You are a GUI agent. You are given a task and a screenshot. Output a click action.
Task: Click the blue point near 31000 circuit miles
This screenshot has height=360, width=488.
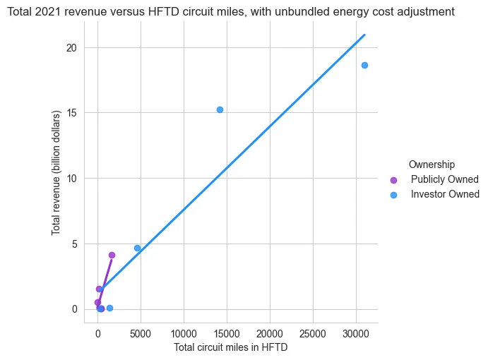coord(364,66)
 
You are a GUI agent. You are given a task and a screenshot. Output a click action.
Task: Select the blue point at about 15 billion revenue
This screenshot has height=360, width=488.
coord(220,110)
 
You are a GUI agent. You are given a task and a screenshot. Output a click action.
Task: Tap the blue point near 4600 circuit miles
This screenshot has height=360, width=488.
coord(137,248)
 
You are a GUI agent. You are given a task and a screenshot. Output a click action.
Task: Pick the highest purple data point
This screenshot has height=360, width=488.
coord(112,255)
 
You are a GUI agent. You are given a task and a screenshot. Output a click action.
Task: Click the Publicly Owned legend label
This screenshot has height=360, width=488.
coord(444,179)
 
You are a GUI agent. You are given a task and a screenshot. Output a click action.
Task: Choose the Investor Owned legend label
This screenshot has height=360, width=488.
coord(445,194)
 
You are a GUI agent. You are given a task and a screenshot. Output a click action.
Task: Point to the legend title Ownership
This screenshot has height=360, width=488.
coord(432,164)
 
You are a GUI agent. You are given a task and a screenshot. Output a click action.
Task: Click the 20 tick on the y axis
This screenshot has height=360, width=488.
coord(71,48)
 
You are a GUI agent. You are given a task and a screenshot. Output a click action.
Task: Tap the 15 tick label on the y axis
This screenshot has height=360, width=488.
coord(71,113)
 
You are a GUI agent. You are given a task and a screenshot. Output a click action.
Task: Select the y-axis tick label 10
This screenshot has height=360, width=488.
coord(71,179)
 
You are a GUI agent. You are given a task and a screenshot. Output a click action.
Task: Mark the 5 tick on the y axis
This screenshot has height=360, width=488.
coord(74,244)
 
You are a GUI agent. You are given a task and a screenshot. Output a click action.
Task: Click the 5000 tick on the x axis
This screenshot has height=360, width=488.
coord(141,334)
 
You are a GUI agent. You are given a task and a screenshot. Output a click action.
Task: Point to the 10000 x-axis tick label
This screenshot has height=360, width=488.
coord(184,334)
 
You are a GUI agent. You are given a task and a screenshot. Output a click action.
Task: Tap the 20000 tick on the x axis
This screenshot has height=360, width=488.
coord(270,334)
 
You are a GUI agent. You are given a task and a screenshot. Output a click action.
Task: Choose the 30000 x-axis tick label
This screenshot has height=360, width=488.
coord(356,334)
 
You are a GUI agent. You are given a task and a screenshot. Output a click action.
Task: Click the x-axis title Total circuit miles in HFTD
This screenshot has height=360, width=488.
coord(231,347)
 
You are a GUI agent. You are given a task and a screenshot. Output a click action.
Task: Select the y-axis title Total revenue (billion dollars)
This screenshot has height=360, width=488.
coord(56,173)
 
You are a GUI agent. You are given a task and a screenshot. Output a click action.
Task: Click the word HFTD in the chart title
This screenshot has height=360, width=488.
coord(164,12)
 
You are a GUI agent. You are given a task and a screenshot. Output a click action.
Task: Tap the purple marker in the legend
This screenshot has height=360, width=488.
coord(393,180)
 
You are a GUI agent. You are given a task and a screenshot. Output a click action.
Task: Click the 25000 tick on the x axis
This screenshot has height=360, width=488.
coord(312,334)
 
